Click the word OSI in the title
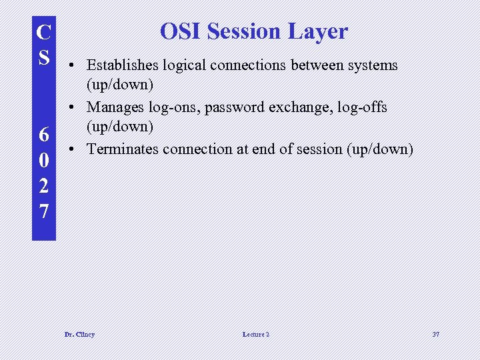tap(181, 31)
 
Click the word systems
tap(373, 65)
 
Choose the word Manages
tap(113, 107)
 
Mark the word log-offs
tap(361, 107)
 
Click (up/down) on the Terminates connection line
tap(379, 149)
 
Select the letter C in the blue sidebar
tap(44, 32)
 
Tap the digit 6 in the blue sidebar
tap(44, 135)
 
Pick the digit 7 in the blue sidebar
tap(44, 211)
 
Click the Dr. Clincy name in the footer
tap(79, 334)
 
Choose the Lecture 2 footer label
tap(257, 334)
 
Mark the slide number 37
tap(435, 334)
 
